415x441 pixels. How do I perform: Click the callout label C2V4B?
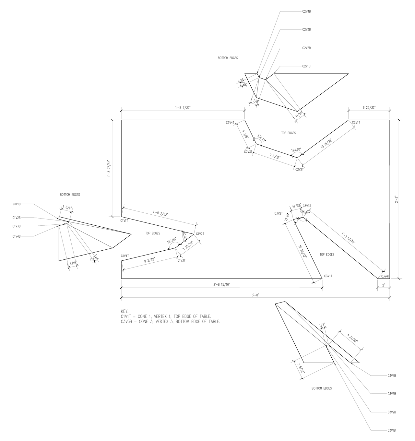point(306,11)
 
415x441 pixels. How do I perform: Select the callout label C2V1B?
point(306,66)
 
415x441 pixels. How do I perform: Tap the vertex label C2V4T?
point(230,123)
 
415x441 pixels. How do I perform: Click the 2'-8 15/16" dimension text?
point(222,284)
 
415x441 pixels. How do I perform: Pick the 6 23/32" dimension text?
point(369,107)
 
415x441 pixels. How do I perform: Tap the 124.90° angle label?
point(296,150)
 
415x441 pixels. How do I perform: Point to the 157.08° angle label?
point(172,241)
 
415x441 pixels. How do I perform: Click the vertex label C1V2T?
point(200,234)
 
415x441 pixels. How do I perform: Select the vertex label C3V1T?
point(328,276)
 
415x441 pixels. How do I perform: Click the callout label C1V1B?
point(17,204)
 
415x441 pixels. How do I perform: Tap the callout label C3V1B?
point(391,431)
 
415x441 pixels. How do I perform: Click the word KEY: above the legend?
point(124,311)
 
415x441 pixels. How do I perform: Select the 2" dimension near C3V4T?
point(384,285)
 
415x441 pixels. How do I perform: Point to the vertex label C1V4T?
point(125,256)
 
